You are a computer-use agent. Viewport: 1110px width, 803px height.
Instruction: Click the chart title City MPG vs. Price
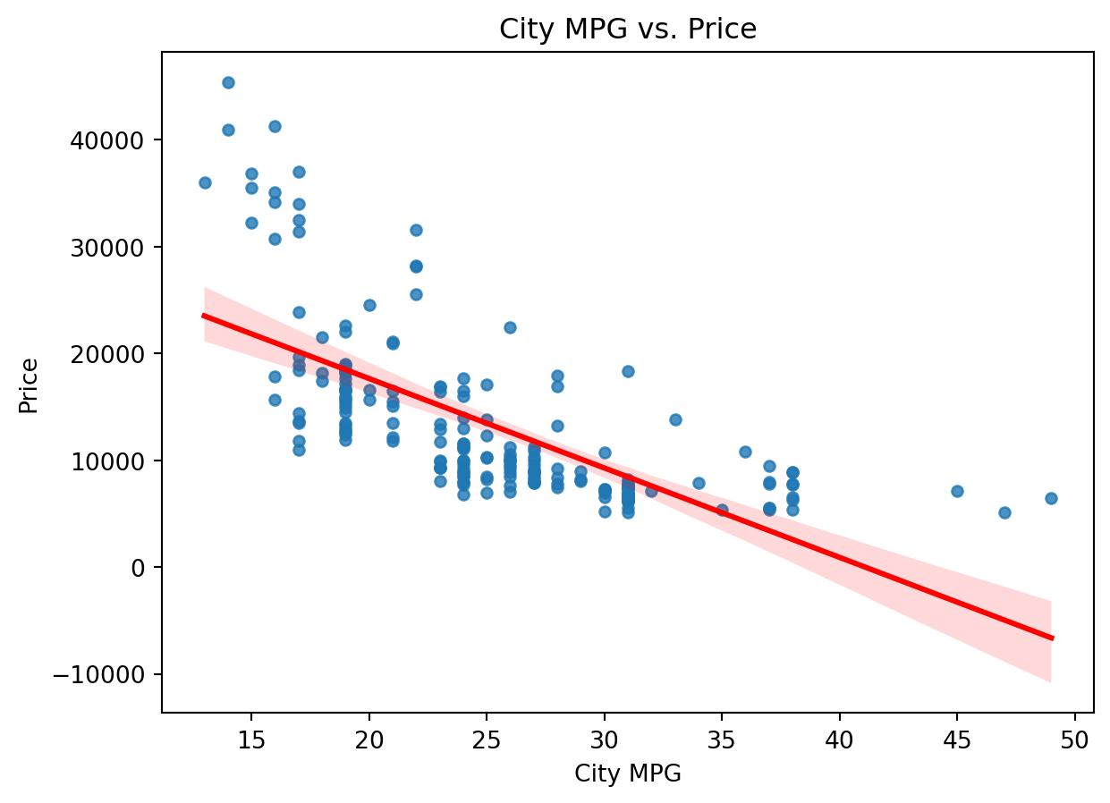[x=628, y=30]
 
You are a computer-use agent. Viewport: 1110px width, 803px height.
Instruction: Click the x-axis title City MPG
[x=628, y=774]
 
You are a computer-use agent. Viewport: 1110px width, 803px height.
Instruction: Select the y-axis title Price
[x=29, y=385]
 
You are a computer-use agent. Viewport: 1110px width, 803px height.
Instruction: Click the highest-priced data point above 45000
[x=228, y=82]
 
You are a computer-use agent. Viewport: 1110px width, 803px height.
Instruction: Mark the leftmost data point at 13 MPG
[x=205, y=182]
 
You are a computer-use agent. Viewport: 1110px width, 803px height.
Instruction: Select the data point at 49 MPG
[x=1051, y=498]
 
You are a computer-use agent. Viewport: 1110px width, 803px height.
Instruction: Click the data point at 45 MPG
[x=957, y=491]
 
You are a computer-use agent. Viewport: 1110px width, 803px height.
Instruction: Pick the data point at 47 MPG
[x=1004, y=512]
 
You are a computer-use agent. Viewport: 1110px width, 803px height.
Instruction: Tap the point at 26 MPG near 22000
[x=510, y=327]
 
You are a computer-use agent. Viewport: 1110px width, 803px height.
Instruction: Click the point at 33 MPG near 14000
[x=675, y=419]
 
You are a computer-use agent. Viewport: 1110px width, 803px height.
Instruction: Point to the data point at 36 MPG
[x=745, y=452]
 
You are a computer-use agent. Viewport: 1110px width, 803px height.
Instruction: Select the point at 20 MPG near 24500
[x=369, y=305]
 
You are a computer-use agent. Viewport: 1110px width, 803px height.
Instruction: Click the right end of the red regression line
[x=1051, y=638]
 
